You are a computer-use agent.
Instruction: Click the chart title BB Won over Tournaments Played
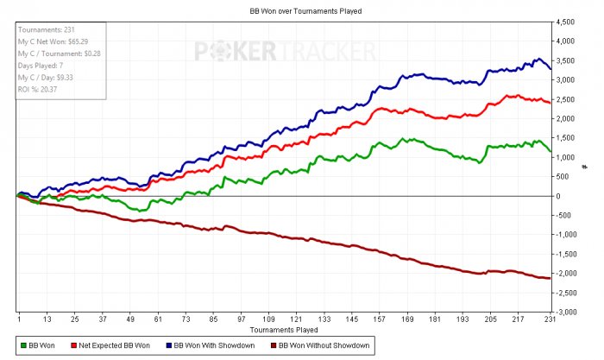tap(299, 11)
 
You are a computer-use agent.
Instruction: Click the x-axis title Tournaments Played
tap(284, 330)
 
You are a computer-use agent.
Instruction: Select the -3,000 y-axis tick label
tap(564, 312)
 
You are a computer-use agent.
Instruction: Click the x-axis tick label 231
tap(548, 319)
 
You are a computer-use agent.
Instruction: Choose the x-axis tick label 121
tap(296, 319)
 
